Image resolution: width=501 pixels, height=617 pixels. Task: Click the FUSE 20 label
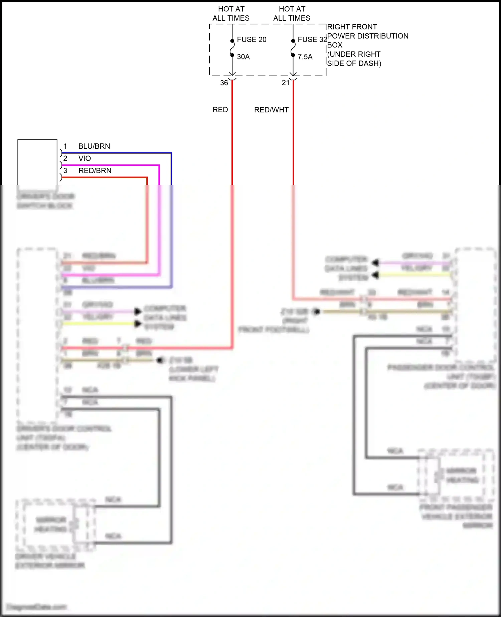click(252, 39)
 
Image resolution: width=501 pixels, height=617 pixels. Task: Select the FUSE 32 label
click(312, 39)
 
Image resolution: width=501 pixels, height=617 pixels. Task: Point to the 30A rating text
click(243, 57)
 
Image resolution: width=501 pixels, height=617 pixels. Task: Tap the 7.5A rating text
click(305, 57)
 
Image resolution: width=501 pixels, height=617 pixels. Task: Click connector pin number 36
click(224, 83)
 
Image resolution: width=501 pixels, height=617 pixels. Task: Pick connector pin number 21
click(286, 83)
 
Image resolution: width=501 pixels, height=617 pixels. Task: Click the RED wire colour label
click(220, 110)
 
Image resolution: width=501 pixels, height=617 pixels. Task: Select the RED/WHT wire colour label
click(271, 110)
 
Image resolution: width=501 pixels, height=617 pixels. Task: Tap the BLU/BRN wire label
click(94, 146)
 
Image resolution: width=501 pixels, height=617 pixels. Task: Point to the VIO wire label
click(85, 158)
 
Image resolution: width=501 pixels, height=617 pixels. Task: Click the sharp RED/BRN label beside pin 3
click(95, 170)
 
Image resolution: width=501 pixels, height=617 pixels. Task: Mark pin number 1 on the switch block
click(65, 146)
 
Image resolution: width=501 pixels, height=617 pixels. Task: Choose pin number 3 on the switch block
click(65, 170)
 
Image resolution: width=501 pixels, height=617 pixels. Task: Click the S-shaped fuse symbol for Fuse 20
click(232, 48)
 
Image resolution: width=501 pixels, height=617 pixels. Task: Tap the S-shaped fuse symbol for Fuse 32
click(293, 48)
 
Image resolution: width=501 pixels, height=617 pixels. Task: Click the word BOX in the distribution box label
click(335, 45)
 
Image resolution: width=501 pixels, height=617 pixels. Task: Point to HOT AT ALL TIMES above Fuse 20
click(231, 14)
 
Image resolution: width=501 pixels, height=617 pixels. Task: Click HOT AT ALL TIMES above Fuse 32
click(292, 14)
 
